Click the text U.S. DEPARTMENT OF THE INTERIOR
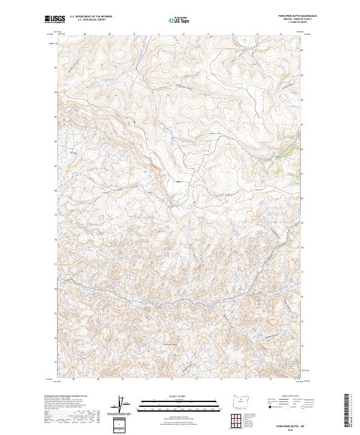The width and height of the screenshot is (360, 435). pyautogui.click(x=91, y=17)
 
